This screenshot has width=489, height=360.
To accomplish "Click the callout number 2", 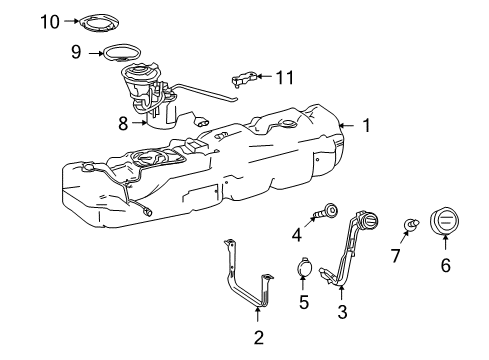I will pyautogui.click(x=258, y=337).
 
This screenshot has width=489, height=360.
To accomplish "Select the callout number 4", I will pyautogui.click(x=296, y=235).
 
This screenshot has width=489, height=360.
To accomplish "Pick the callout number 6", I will pyautogui.click(x=445, y=265).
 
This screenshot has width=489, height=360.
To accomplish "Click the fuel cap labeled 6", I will pyautogui.click(x=445, y=222).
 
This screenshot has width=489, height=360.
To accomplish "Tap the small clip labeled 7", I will pyautogui.click(x=410, y=224).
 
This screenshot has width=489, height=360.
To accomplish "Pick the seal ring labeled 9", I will pyautogui.click(x=127, y=54).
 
